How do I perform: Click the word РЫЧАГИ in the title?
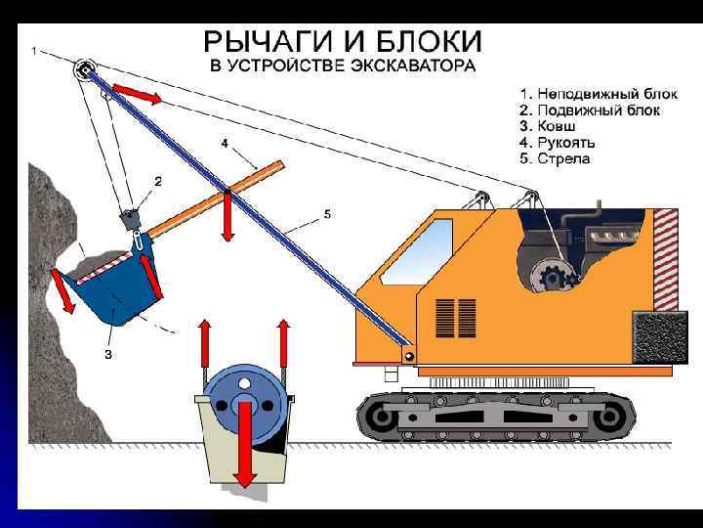(x=262, y=42)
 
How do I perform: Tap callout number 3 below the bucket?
(x=107, y=356)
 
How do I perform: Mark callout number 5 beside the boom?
(x=326, y=214)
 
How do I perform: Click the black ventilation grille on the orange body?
(x=450, y=315)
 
